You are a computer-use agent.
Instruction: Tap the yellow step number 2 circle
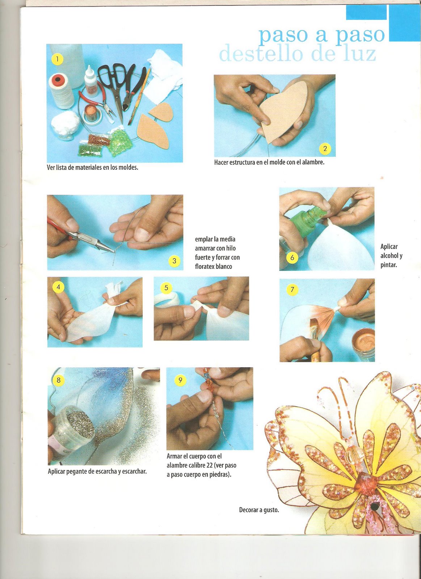325,148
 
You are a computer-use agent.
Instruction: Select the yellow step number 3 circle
174,261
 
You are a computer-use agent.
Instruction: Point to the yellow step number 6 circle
292,257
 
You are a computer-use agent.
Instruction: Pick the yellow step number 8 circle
58,380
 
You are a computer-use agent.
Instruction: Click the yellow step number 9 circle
180,380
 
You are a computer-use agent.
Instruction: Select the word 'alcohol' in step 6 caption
391,256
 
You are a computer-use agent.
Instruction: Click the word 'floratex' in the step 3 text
205,266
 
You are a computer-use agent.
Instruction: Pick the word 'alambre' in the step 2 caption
313,162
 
